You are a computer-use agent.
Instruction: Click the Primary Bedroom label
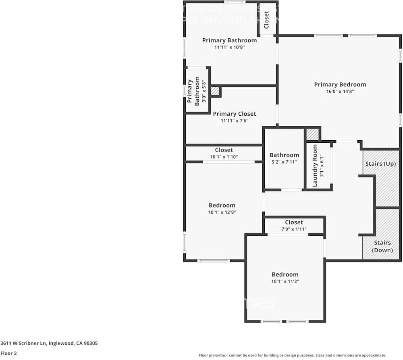click(340, 84)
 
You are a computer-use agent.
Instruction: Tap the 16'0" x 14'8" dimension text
click(340, 92)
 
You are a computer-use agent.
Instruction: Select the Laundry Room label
click(315, 165)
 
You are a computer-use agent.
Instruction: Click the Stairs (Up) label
click(380, 164)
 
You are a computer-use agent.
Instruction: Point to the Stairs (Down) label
click(382, 246)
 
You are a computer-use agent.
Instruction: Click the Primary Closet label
click(234, 114)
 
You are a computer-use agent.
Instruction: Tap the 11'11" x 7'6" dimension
click(234, 121)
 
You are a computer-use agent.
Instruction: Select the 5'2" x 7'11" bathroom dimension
click(284, 162)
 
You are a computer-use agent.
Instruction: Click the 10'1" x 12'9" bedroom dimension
click(222, 212)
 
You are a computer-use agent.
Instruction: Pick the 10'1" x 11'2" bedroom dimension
click(285, 281)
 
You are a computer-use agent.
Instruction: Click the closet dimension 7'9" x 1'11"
click(294, 229)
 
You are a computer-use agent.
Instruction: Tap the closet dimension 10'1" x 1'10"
click(224, 157)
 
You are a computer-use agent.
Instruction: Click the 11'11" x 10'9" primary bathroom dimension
click(229, 47)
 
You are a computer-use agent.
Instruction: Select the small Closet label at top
click(266, 19)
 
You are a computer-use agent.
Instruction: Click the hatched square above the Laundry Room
click(312, 134)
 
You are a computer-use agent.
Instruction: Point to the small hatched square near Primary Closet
click(215, 91)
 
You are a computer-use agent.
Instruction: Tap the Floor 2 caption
click(8, 353)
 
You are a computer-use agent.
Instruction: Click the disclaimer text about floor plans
click(293, 355)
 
